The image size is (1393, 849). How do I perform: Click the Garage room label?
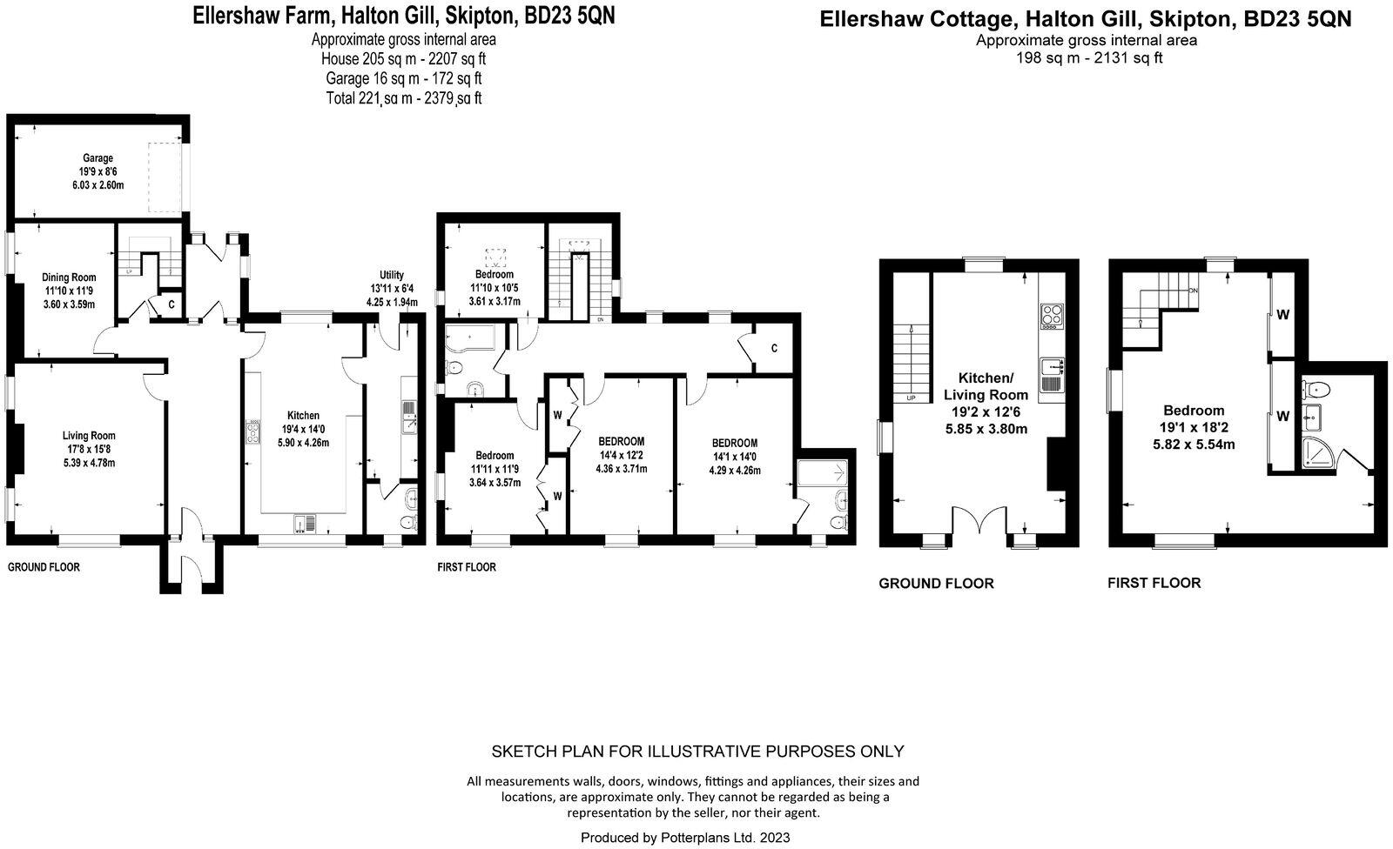click(x=98, y=158)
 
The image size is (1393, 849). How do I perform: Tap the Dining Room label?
click(x=69, y=277)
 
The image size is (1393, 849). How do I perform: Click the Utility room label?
click(x=392, y=275)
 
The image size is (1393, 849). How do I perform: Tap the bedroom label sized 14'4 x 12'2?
click(x=622, y=441)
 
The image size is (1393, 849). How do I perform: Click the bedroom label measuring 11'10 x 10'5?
click(x=494, y=275)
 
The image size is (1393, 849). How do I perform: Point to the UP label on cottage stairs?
click(x=912, y=398)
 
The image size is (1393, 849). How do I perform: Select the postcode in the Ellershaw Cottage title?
click(x=1309, y=20)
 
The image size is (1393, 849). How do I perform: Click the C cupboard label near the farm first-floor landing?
click(x=774, y=349)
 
